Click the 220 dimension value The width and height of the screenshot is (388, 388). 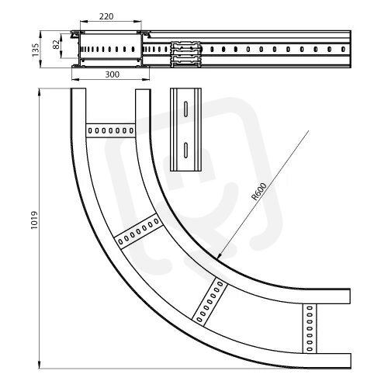pyautogui.click(x=106, y=16)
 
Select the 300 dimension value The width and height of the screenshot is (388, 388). pyautogui.click(x=113, y=74)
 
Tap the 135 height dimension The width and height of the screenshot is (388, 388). pyautogui.click(x=36, y=50)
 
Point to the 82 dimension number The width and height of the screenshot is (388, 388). pyautogui.click(x=56, y=44)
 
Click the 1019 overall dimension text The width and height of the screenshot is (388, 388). pyautogui.click(x=34, y=220)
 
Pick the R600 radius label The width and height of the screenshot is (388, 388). pyautogui.click(x=259, y=192)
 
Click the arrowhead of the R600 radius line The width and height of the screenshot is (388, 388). pyautogui.click(x=219, y=256)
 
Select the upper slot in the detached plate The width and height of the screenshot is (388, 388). pyautogui.click(x=185, y=109)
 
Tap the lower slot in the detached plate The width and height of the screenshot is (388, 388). pyautogui.click(x=185, y=150)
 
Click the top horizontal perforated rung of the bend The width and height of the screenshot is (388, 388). pyautogui.click(x=110, y=130)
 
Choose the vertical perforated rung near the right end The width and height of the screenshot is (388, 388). pyautogui.click(x=310, y=328)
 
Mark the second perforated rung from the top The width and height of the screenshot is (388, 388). pyautogui.click(x=138, y=231)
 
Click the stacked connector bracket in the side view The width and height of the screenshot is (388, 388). pyautogui.click(x=185, y=54)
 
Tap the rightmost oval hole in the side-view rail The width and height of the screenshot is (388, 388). pyautogui.click(x=343, y=49)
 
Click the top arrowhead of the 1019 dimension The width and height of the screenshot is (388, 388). pyautogui.click(x=40, y=91)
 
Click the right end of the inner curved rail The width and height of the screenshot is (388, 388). pyautogui.click(x=349, y=296)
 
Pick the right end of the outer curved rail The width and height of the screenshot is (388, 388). pyautogui.click(x=350, y=361)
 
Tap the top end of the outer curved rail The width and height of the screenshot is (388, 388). pyautogui.click(x=78, y=89)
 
